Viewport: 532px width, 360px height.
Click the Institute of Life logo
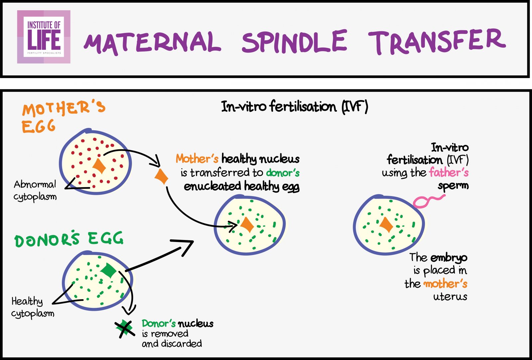44,37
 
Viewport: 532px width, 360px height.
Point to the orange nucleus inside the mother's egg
99,166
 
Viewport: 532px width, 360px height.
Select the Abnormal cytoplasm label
35,190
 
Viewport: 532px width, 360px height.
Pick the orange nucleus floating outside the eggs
162,177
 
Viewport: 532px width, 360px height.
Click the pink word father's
449,173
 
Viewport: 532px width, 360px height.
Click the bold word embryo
449,258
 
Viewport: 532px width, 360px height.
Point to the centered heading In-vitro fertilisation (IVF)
295,107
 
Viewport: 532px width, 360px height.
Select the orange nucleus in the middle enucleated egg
247,225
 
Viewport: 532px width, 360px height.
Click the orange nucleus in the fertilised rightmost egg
386,225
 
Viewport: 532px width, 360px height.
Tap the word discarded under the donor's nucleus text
181,343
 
